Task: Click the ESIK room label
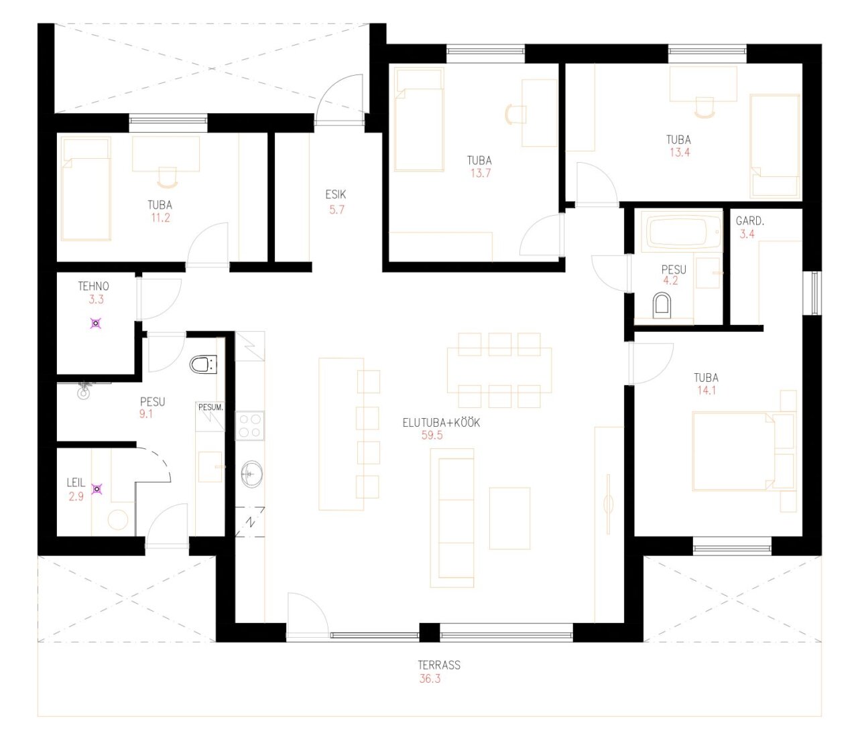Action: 335,194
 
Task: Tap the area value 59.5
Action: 432,435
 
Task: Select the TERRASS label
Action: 439,665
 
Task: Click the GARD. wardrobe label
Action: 749,221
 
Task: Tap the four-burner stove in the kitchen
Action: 249,425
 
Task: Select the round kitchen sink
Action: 251,473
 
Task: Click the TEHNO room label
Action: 93,286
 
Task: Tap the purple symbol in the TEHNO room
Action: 97,323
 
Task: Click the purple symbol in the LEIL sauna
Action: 97,489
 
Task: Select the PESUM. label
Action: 210,407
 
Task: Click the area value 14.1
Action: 707,390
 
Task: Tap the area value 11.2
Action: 160,217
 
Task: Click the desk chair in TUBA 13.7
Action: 515,113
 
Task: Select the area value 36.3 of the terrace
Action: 430,679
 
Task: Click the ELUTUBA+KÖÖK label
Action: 441,422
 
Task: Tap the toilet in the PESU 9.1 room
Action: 203,364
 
